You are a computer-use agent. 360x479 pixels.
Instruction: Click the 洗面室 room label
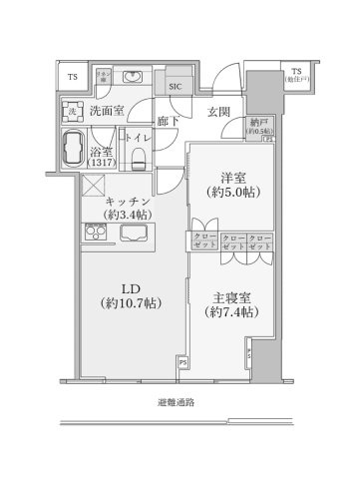pos(107,111)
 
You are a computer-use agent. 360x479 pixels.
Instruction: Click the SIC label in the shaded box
pos(176,86)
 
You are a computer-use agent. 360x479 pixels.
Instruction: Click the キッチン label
pos(131,200)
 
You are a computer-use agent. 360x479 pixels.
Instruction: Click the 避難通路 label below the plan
pos(176,404)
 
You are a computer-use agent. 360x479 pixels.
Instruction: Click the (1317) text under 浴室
pos(103,164)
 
